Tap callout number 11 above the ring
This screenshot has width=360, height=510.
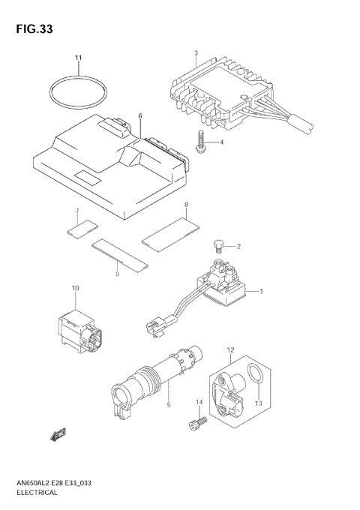pyautogui.click(x=76, y=58)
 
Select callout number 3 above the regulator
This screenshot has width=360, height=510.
pyautogui.click(x=195, y=52)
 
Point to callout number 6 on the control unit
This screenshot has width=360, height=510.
pyautogui.click(x=139, y=116)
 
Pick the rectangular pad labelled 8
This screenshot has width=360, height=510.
pyautogui.click(x=170, y=229)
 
